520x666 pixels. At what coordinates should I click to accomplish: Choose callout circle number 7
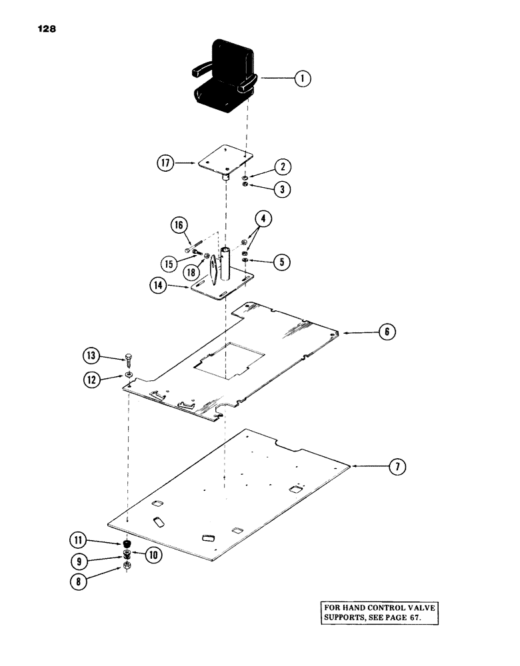(x=397, y=467)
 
